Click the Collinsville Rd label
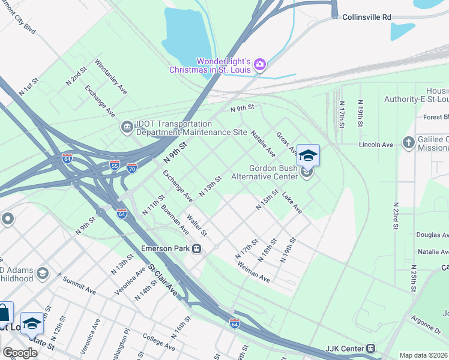tap(366, 17)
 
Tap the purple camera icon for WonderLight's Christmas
tap(260, 64)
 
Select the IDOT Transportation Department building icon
tap(127, 125)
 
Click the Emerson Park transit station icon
tap(196, 248)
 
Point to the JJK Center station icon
tap(372, 348)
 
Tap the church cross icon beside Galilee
tap(408, 142)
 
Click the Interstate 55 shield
tap(114, 164)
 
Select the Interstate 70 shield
tap(132, 167)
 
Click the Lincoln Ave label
tap(375, 145)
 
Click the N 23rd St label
tap(396, 216)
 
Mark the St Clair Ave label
tap(163, 280)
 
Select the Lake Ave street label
tap(292, 204)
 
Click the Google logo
tap(19, 352)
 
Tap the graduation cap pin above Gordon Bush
tap(308, 156)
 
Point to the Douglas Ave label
tap(432, 235)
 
